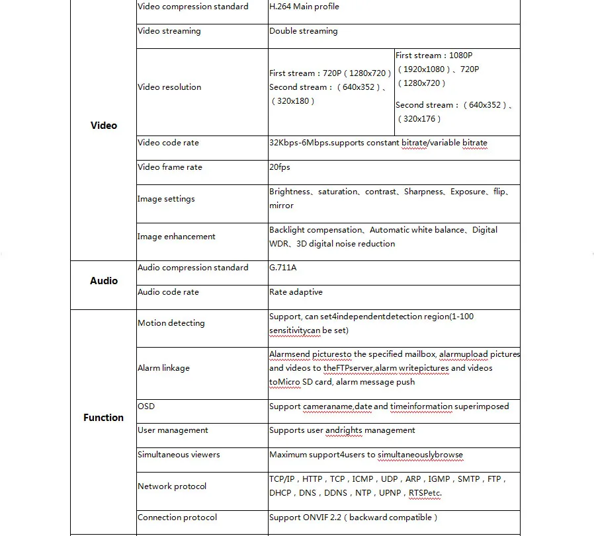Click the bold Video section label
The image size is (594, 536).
[103, 126]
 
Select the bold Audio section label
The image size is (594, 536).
[103, 281]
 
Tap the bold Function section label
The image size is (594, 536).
[103, 418]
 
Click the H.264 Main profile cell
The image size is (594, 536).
[304, 7]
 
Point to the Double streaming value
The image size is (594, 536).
[303, 31]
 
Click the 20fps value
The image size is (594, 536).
[280, 167]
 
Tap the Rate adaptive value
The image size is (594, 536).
[296, 292]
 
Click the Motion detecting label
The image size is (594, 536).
[171, 323]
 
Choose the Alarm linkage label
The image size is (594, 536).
[163, 368]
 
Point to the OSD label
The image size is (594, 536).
[146, 406]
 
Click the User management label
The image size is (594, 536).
[173, 430]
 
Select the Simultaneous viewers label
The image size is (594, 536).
[179, 455]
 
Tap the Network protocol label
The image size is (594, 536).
[172, 486]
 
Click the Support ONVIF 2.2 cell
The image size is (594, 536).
[353, 517]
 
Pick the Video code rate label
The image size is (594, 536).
[168, 143]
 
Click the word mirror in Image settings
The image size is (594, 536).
[281, 206]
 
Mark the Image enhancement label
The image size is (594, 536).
[177, 237]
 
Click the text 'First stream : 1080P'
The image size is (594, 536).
[434, 56]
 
